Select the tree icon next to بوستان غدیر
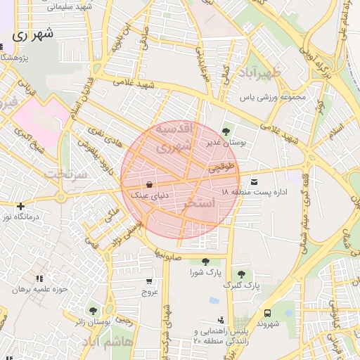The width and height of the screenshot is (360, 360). click(x=226, y=131)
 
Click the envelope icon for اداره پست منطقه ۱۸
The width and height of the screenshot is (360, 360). click(x=254, y=181)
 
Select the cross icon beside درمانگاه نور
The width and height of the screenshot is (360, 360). click(x=21, y=206)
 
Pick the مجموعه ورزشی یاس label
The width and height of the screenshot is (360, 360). click(x=275, y=97)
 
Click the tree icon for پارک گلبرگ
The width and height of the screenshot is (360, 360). click(x=241, y=274)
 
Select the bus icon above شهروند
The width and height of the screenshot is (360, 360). click(x=267, y=313)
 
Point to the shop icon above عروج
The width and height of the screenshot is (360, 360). click(x=148, y=281)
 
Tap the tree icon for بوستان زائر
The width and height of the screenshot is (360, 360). click(x=93, y=311)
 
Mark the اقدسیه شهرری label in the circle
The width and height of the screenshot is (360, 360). click(x=172, y=139)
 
